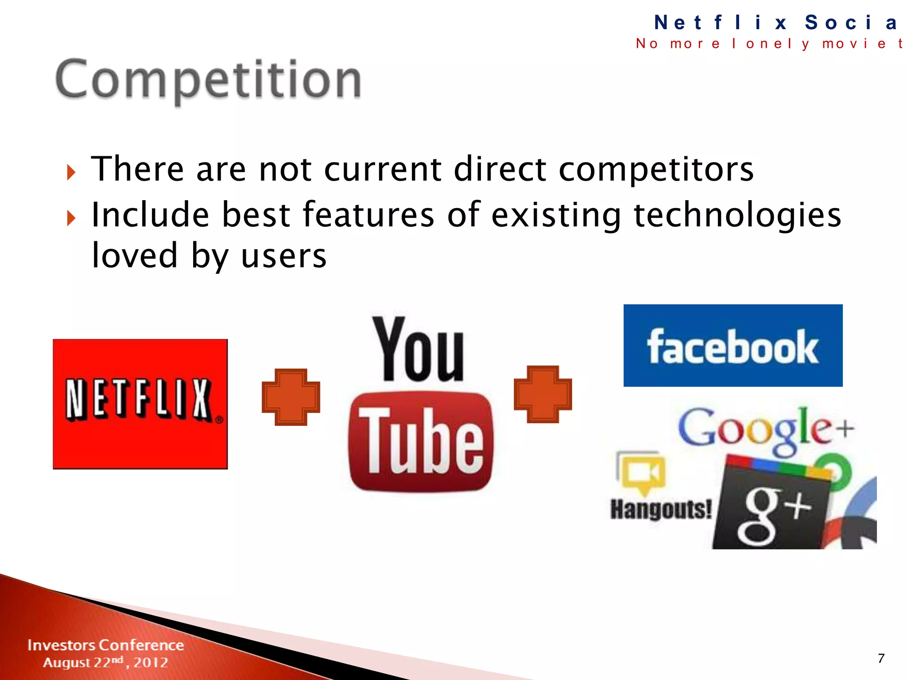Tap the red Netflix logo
click(x=140, y=404)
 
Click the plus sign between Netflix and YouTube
click(x=291, y=397)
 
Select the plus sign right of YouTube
click(x=543, y=394)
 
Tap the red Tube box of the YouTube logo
click(x=420, y=442)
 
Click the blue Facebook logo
click(x=733, y=346)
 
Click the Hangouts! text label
click(x=661, y=509)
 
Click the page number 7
click(x=881, y=658)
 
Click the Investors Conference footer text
click(x=105, y=645)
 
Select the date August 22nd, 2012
click(x=105, y=662)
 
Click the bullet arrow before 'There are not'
click(x=71, y=172)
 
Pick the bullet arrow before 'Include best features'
click(x=71, y=218)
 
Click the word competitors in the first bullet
click(x=656, y=170)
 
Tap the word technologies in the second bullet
click(x=737, y=216)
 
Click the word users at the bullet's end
click(x=283, y=257)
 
